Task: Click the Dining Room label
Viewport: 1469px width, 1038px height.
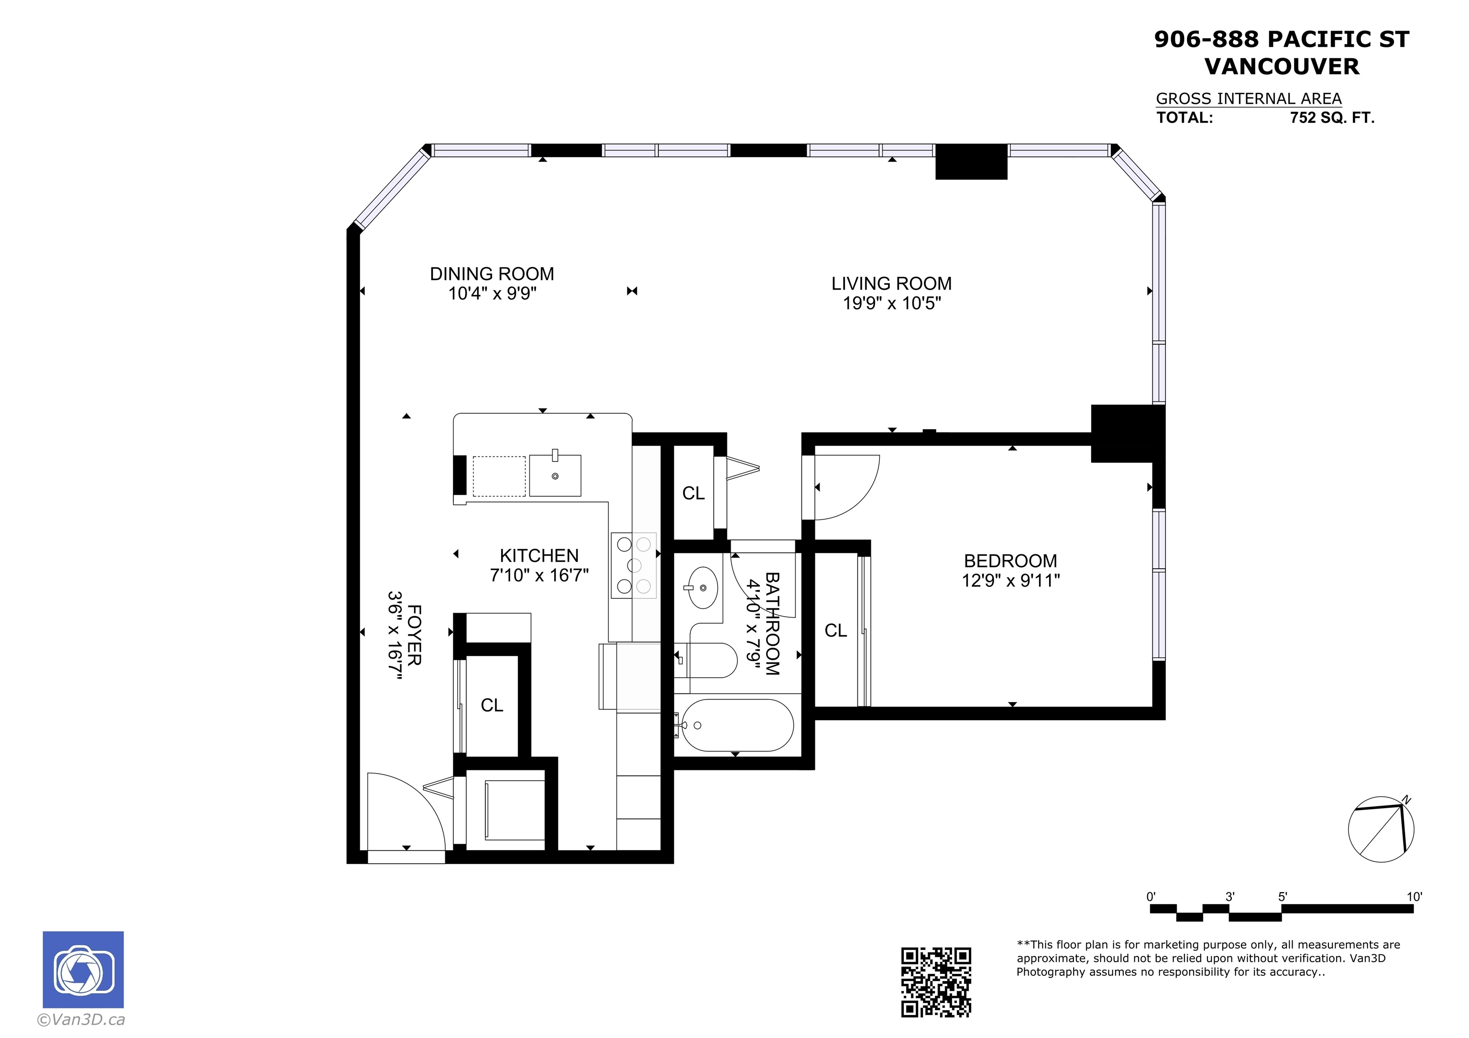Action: click(492, 274)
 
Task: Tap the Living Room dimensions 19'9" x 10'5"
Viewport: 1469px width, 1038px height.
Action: click(892, 303)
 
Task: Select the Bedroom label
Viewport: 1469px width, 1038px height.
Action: click(1010, 561)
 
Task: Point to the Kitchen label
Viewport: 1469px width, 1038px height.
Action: click(539, 555)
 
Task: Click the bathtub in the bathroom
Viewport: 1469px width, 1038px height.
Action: click(737, 725)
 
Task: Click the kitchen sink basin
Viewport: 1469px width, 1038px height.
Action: click(555, 475)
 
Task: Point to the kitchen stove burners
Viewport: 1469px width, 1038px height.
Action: click(634, 565)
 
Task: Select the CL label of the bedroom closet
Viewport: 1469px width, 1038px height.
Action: click(835, 631)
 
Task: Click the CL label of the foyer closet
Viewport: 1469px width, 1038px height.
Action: click(492, 705)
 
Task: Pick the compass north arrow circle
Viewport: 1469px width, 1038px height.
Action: click(1381, 830)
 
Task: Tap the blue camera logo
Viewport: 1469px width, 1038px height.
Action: click(83, 970)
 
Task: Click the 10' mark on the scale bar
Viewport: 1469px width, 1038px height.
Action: click(1414, 897)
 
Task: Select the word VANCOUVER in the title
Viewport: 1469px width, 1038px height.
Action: click(1282, 66)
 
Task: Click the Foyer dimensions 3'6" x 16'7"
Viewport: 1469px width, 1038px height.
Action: click(395, 635)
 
